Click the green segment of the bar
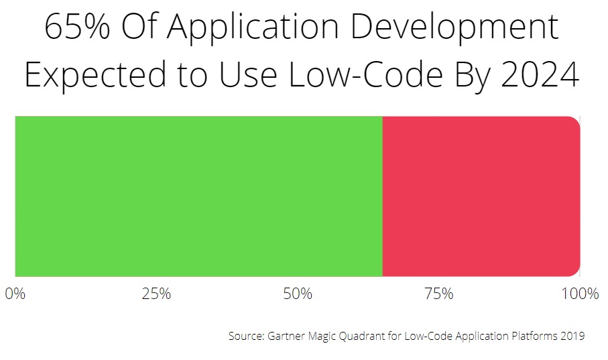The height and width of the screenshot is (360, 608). [199, 196]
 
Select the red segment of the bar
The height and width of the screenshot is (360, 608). [481, 196]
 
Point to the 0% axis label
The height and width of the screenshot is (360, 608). [15, 294]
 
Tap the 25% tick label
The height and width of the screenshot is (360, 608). [156, 294]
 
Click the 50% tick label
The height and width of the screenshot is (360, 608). [298, 294]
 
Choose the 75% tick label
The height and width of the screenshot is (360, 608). [439, 294]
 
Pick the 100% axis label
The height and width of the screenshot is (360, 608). [581, 294]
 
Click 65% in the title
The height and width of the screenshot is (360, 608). [77, 27]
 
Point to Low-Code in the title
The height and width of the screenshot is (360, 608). [365, 74]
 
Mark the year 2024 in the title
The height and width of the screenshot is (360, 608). [540, 74]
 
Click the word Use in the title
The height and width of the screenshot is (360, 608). [248, 74]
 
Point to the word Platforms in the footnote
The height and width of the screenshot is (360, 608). [535, 336]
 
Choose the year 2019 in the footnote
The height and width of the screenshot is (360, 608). [572, 336]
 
